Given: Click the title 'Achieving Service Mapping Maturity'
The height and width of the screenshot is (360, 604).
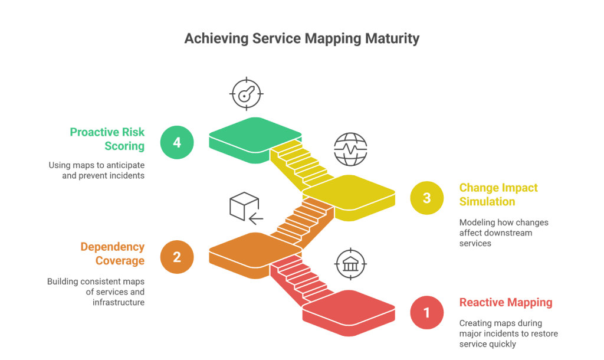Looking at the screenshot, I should click(301, 39).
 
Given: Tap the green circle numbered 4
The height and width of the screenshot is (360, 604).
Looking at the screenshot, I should click(177, 142).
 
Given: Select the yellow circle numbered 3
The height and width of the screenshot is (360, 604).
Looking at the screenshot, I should click(426, 198).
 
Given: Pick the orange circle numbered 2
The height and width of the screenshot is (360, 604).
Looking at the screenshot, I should click(177, 257).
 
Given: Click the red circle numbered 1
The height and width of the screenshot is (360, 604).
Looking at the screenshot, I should click(426, 312).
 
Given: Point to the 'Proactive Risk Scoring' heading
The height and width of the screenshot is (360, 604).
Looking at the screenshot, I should click(107, 139).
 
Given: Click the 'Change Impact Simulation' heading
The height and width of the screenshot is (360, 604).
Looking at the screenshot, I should click(498, 195).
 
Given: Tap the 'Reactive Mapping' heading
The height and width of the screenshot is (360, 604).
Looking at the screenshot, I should click(505, 303).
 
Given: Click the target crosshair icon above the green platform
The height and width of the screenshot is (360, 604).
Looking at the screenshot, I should click(246, 93).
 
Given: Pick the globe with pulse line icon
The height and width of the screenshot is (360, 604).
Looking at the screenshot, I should click(350, 149).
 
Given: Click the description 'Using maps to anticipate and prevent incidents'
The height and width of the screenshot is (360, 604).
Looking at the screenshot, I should click(97, 171).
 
